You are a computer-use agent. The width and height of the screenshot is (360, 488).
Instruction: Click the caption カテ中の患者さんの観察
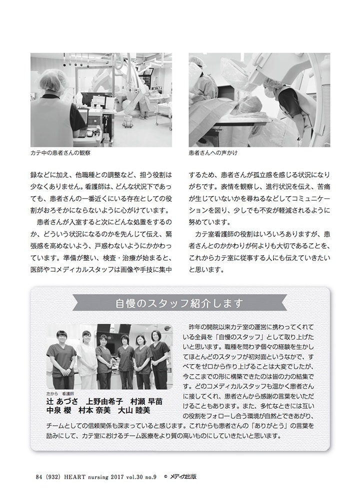tap(60, 153)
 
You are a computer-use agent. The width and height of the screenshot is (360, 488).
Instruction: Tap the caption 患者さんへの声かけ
tap(212, 153)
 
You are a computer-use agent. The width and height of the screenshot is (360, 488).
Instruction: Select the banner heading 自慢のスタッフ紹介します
tap(179, 303)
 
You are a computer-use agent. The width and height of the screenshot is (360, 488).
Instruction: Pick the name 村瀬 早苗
tap(146, 401)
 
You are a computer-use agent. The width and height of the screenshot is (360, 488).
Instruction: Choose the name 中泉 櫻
tap(58, 410)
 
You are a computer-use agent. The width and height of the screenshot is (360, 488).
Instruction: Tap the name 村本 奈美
tap(94, 410)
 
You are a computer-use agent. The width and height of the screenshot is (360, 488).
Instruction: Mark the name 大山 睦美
tap(134, 410)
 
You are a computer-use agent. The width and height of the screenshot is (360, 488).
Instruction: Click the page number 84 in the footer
tap(39, 477)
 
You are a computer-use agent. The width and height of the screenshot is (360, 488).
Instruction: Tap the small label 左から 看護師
tap(61, 394)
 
